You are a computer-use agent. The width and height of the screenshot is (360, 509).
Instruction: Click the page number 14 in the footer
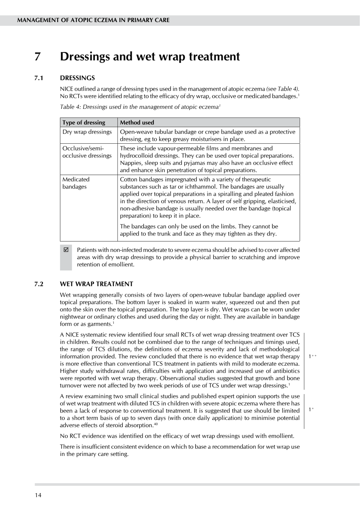click(x=38, y=495)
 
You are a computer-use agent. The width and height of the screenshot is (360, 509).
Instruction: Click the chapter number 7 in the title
click(x=38, y=57)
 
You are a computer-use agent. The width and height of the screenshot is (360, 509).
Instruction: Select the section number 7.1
click(x=39, y=78)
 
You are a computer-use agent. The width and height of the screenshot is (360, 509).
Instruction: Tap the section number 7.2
click(x=39, y=284)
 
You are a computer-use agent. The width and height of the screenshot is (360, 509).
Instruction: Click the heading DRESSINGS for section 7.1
click(x=77, y=78)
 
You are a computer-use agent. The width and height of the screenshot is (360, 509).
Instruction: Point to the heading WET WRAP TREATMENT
click(x=96, y=284)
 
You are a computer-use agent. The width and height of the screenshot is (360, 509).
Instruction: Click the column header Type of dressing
click(x=84, y=123)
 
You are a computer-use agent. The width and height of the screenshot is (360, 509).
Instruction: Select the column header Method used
click(x=137, y=123)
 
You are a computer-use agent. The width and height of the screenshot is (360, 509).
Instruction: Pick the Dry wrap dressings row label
click(x=87, y=132)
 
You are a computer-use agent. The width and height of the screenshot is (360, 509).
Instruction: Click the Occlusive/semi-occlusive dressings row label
click(x=87, y=152)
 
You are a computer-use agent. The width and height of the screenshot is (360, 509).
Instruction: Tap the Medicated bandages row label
click(x=76, y=183)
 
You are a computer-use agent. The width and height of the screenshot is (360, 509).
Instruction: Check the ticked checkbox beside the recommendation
click(x=66, y=250)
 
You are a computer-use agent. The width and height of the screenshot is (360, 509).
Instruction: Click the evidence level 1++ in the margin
click(x=312, y=356)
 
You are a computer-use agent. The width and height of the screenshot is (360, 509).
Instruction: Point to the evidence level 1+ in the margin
click(x=311, y=409)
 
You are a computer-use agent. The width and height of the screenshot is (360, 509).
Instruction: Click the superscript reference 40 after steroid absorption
click(x=156, y=424)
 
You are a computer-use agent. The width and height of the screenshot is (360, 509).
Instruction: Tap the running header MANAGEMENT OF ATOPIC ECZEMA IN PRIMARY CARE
click(x=93, y=20)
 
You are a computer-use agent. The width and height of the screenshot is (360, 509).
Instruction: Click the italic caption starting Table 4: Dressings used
click(x=140, y=107)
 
